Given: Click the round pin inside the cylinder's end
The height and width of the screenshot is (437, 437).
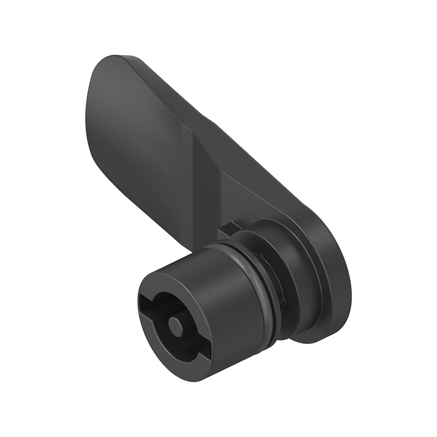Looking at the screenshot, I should [176, 325].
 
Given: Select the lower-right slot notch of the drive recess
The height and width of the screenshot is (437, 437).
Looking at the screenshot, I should [201, 354].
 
